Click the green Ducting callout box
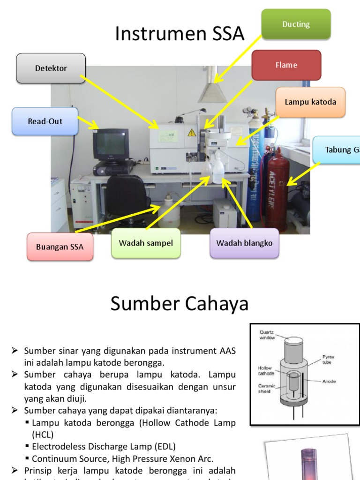tap(296, 24)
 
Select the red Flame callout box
tap(286, 65)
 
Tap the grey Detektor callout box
tap(51, 68)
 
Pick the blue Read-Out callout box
tap(45, 121)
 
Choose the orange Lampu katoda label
tap(310, 102)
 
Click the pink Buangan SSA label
tap(60, 247)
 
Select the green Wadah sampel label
tap(146, 243)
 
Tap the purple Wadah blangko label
tap(244, 243)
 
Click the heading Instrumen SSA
tap(180, 34)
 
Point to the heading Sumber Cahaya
tap(180, 304)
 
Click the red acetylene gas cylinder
tap(277, 187)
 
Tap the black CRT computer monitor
tap(111, 144)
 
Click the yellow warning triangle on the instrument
tap(191, 133)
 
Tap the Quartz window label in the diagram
tap(269, 335)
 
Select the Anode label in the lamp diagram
tap(330, 381)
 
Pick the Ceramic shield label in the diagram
tap(266, 389)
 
